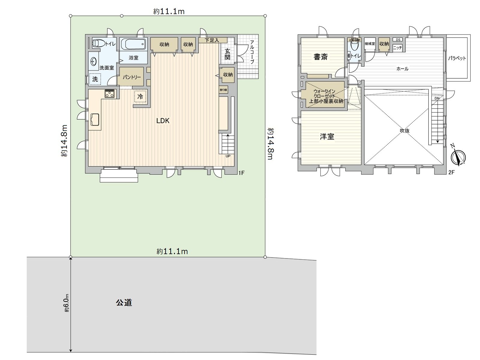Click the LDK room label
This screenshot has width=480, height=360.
pos(163,121)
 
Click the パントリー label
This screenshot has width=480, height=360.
pos(132,77)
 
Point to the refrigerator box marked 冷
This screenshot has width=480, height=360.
pos(140,97)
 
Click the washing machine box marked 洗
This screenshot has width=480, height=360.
pos(95,79)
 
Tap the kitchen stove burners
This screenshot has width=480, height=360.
pos(109,94)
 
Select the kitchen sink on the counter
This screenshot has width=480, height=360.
pos(95,120)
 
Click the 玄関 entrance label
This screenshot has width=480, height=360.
pos(227,54)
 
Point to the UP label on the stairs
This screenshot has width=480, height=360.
pos(228,156)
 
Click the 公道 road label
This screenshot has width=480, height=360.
pos(124,302)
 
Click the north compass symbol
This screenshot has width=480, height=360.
pos(458,157)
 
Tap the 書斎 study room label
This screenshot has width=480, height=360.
pos(320,57)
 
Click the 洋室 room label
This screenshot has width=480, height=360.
pos(327,137)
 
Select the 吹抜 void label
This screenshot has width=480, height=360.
pos(405,131)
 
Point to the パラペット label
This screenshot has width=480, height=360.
pos(457,58)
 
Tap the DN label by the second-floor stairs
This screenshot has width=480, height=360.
pos(437,98)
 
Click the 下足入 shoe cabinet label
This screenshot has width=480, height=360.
pos(212,40)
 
